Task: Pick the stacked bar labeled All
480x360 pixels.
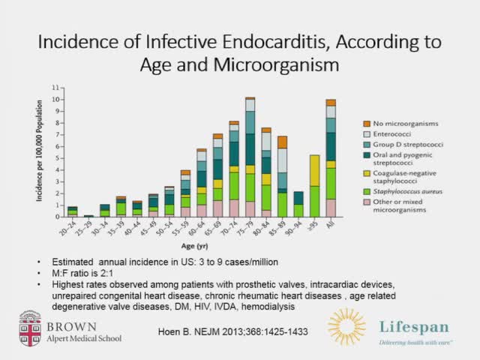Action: (331, 157)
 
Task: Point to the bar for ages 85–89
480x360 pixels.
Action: (282, 176)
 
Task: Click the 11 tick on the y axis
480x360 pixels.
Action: (54, 88)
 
